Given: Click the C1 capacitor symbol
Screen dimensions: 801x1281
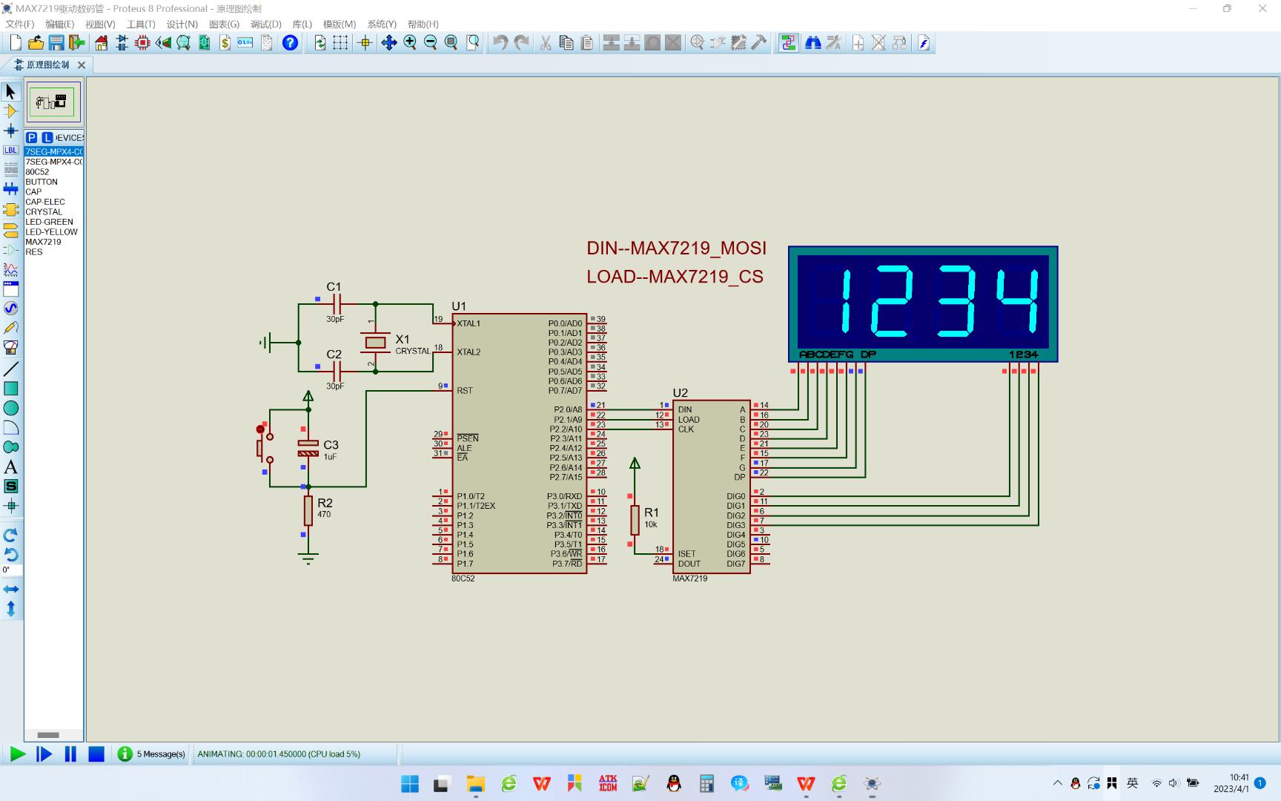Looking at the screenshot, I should [337, 303].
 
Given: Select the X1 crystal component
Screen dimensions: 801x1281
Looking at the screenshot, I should [375, 342].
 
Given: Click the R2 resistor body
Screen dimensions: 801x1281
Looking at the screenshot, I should [308, 510].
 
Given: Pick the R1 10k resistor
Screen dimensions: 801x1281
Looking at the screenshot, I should [635, 519].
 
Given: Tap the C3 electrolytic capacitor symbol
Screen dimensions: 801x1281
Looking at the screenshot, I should [308, 448].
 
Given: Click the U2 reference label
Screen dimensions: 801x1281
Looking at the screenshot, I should [680, 392].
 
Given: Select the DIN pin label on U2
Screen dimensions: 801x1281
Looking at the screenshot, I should [685, 409].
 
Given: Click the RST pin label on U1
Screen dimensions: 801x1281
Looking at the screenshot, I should [465, 390].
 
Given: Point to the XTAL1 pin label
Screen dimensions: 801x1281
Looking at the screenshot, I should [469, 323].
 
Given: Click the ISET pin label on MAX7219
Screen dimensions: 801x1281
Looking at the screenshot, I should [686, 554].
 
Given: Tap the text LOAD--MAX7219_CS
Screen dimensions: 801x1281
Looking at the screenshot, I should [675, 277].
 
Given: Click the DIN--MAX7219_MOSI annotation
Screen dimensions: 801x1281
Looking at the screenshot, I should [676, 248].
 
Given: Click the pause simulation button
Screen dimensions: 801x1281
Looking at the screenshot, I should [70, 754].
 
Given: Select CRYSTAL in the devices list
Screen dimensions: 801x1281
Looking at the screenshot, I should [44, 212].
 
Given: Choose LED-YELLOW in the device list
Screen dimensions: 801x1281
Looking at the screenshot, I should [51, 232].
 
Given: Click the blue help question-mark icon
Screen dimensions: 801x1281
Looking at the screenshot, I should [290, 43].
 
